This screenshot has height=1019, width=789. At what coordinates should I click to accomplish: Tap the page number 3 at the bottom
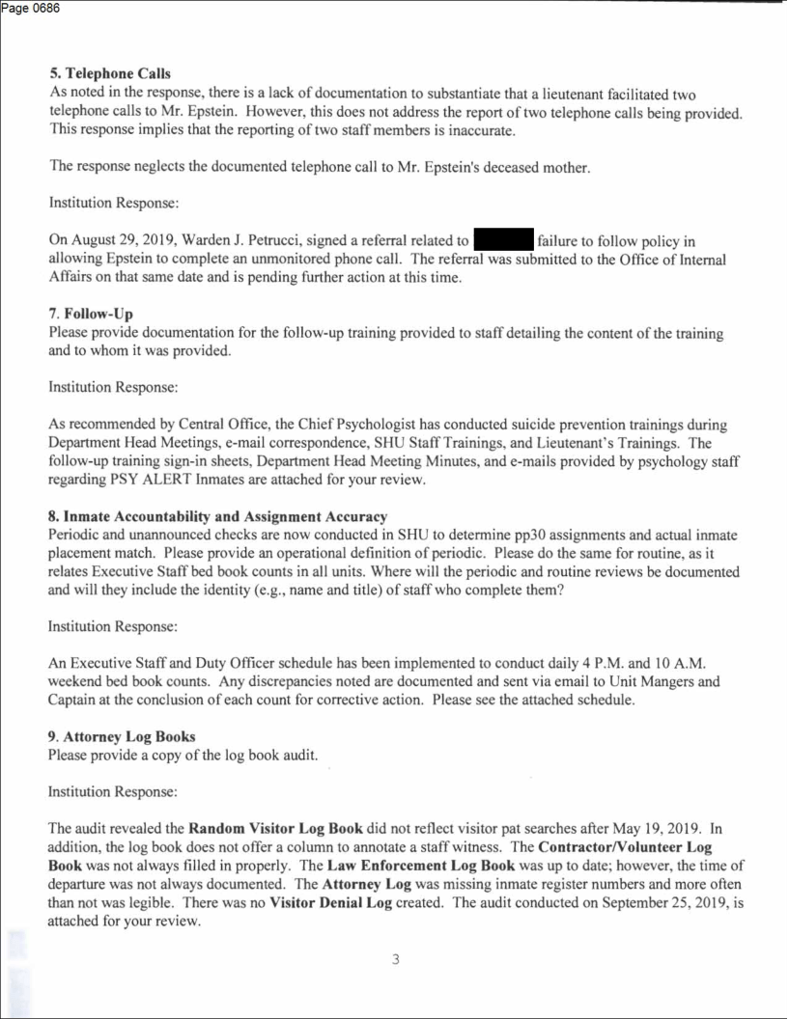pyautogui.click(x=395, y=960)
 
